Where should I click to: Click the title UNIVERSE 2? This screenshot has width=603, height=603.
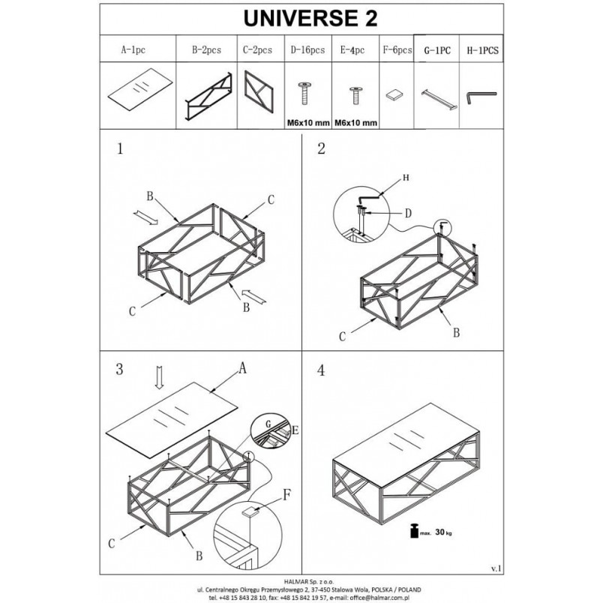coord(310,18)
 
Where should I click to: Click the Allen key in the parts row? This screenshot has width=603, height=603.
coord(481,97)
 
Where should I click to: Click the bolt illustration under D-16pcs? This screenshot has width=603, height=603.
coord(304,94)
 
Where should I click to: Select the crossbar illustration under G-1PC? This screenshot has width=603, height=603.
coord(439,99)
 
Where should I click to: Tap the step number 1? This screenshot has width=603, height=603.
coord(120,148)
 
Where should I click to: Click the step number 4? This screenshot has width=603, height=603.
coord(321,370)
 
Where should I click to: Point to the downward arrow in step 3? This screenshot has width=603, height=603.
coord(160,377)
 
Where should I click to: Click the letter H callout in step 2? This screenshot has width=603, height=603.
coord(406,177)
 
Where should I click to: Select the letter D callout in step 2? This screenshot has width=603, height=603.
coord(409,213)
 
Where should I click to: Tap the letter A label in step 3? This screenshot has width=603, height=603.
coord(242,368)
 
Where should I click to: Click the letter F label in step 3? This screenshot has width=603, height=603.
coord(287,495)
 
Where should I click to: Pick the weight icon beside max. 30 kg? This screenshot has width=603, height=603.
coord(414,531)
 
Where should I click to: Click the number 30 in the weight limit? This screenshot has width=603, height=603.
coord(440,532)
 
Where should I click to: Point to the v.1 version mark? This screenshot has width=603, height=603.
coord(496,568)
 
